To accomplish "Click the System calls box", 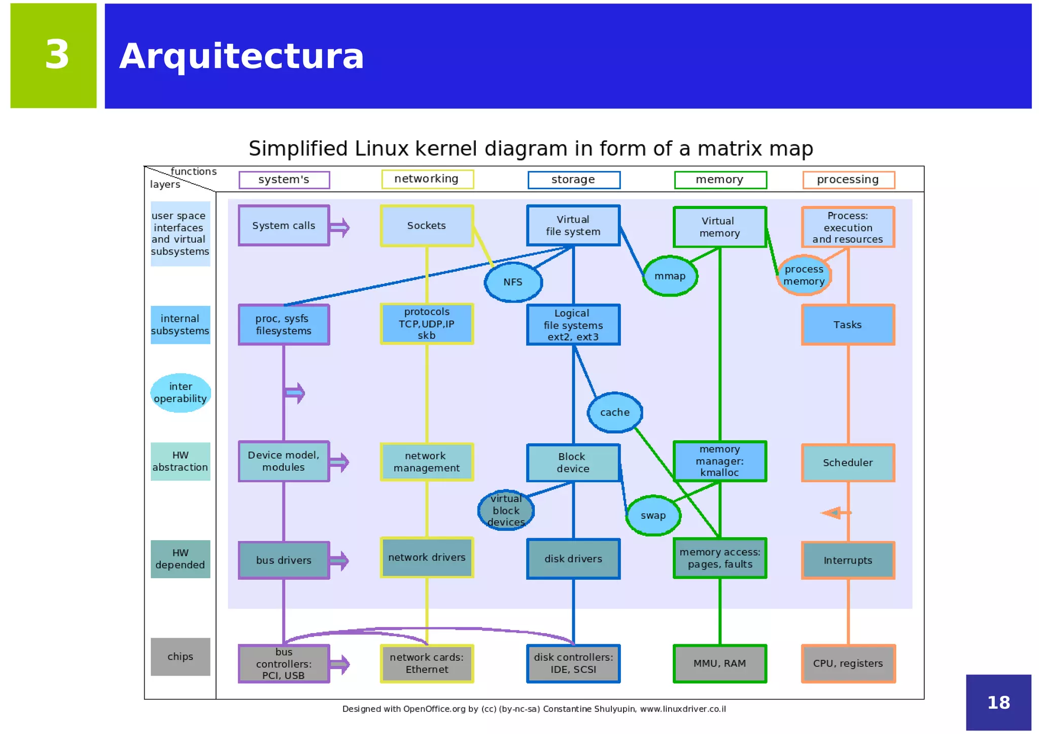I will click(x=284, y=226).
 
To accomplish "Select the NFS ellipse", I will click(x=513, y=282).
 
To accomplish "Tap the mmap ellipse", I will click(x=670, y=276).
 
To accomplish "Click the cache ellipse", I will click(x=615, y=412).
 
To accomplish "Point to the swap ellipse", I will click(x=653, y=515).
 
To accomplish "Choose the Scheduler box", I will click(x=848, y=463).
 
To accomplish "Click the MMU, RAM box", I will click(x=719, y=663).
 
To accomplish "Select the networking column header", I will click(x=427, y=179).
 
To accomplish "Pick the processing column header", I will click(x=848, y=180).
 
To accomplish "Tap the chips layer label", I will click(x=180, y=656).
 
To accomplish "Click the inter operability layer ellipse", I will click(x=181, y=393).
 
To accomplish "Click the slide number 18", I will click(x=998, y=703).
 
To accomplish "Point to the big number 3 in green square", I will click(x=56, y=55).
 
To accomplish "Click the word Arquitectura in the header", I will click(x=241, y=56).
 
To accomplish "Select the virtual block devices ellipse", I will click(x=506, y=510).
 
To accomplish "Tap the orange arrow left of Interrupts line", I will click(x=834, y=513).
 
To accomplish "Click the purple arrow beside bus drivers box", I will click(x=339, y=561).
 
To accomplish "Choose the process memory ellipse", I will click(x=804, y=275).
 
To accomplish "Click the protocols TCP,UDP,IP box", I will click(x=426, y=324).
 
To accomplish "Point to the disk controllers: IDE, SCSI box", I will click(x=573, y=663).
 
